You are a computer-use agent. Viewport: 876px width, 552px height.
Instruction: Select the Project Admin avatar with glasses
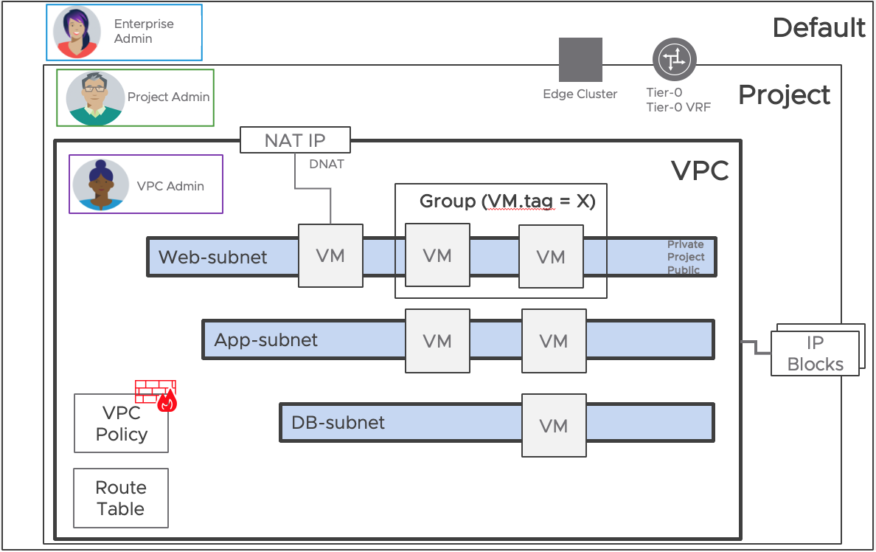pyautogui.click(x=95, y=98)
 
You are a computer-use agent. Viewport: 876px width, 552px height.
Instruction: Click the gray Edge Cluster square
pyautogui.click(x=580, y=60)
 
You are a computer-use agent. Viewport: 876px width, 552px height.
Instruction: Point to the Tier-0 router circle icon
pyautogui.click(x=674, y=59)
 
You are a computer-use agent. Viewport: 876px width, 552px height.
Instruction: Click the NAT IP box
pyautogui.click(x=295, y=140)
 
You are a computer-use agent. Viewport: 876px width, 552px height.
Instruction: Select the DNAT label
pyautogui.click(x=327, y=164)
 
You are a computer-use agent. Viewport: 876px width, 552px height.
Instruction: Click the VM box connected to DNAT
pyautogui.click(x=330, y=255)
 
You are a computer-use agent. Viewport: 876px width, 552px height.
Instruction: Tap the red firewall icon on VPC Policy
pyautogui.click(x=156, y=396)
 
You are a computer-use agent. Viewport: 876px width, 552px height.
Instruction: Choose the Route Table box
pyautogui.click(x=121, y=498)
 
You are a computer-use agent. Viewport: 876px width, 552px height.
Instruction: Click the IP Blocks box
pyautogui.click(x=815, y=353)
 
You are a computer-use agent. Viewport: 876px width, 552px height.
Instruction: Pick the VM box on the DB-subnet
pyautogui.click(x=553, y=426)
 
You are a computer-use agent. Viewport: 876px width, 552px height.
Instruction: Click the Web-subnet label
pyautogui.click(x=213, y=258)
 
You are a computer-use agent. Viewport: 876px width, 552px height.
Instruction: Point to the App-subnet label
pyautogui.click(x=266, y=340)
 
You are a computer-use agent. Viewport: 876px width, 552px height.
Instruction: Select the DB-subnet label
pyautogui.click(x=338, y=423)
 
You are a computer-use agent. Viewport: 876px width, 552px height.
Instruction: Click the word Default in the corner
pyautogui.click(x=818, y=28)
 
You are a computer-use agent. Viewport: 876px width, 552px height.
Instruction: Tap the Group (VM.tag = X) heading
pyautogui.click(x=507, y=201)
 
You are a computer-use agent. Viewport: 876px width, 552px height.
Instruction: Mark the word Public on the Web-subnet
pyautogui.click(x=684, y=270)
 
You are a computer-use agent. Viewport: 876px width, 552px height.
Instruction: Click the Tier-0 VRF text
pyautogui.click(x=678, y=107)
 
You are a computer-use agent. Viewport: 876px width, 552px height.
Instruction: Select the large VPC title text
pyautogui.click(x=699, y=171)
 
